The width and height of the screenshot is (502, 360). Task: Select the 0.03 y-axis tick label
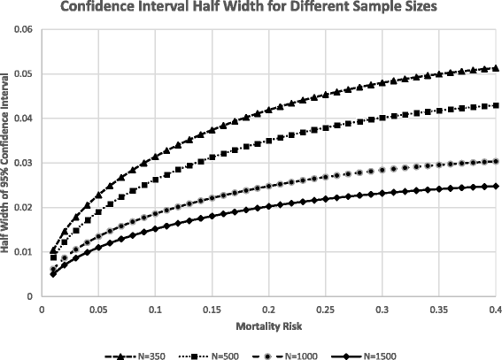point(22,163)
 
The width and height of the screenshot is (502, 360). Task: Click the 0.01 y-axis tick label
point(22,252)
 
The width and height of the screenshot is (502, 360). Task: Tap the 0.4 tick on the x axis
point(495,310)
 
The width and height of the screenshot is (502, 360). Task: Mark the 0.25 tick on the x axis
point(325,310)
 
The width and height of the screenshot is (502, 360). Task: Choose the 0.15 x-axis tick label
point(212,310)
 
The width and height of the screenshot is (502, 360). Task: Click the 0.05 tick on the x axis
point(98,310)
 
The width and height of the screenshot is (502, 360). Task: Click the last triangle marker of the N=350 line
point(496,67)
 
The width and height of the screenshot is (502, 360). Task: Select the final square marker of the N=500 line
point(496,105)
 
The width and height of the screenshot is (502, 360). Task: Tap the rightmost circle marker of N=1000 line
point(496,161)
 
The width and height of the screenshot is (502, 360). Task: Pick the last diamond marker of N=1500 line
point(496,186)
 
